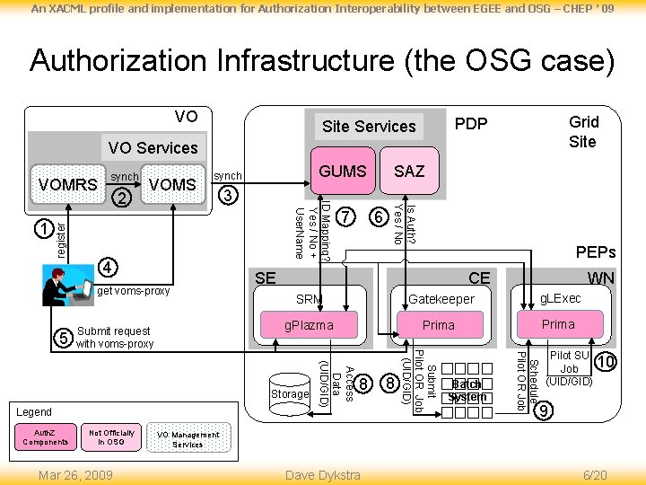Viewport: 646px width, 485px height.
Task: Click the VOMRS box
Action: click(67, 184)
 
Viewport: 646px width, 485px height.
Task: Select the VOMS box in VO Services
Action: click(172, 184)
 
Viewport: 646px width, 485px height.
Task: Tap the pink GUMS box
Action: click(343, 171)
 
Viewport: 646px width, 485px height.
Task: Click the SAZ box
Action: click(409, 171)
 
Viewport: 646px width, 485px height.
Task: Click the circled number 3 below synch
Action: click(229, 195)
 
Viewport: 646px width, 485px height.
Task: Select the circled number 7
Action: click(348, 216)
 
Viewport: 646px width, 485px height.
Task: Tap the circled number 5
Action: click(63, 338)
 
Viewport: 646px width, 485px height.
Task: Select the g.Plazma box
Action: click(309, 325)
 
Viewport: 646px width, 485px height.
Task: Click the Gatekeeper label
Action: click(441, 299)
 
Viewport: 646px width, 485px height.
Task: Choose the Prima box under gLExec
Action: click(558, 324)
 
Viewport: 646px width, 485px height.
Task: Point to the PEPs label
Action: click(595, 254)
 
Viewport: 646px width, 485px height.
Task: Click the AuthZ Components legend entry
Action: click(45, 437)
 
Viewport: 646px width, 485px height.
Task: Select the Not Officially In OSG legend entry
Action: click(111, 437)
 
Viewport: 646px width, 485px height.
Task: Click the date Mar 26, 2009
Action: click(75, 474)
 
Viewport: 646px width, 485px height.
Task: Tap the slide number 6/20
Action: click(595, 474)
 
